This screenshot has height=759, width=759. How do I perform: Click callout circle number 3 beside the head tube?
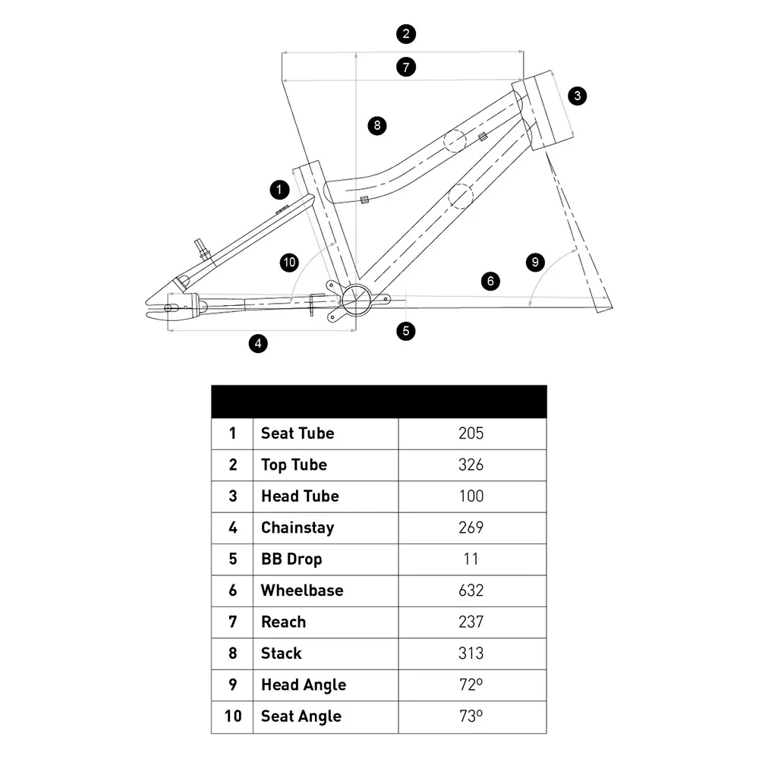coord(578,96)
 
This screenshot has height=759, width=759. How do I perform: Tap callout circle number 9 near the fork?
coord(535,263)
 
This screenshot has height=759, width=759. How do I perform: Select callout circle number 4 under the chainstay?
coord(258,343)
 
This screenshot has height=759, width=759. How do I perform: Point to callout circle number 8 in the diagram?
coord(377,125)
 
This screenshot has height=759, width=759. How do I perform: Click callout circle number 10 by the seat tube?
coord(289,263)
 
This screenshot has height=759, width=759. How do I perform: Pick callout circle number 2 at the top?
coord(406,33)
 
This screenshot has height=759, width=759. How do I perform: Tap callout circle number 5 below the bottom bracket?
coord(407,331)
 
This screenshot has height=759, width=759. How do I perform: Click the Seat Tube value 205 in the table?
coord(471,433)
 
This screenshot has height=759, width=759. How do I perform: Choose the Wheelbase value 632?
coord(471,591)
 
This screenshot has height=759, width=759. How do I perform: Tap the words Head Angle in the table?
coord(303,685)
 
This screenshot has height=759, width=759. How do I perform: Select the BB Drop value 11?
coord(471,559)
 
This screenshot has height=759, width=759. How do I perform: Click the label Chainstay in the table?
coord(298,528)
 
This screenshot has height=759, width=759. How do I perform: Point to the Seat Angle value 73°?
coord(471,716)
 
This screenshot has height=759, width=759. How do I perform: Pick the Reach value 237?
coord(471,622)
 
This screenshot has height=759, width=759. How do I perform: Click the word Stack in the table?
coord(282,653)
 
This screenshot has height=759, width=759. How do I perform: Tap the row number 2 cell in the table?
coord(232,465)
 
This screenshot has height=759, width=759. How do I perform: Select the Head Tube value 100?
coord(471,496)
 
